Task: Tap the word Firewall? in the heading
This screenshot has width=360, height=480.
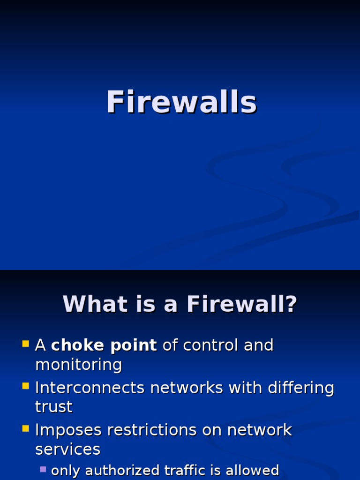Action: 242,304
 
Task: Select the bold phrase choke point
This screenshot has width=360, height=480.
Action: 104,345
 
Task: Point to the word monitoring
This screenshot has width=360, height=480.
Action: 79,365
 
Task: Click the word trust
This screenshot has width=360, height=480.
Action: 53,407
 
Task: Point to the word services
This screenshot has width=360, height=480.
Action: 67,450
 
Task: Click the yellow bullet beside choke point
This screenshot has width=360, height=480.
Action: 26,345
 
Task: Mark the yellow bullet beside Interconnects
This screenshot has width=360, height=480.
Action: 26,387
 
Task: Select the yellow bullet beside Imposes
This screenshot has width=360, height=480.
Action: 26,429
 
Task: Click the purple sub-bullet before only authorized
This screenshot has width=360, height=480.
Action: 43,469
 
